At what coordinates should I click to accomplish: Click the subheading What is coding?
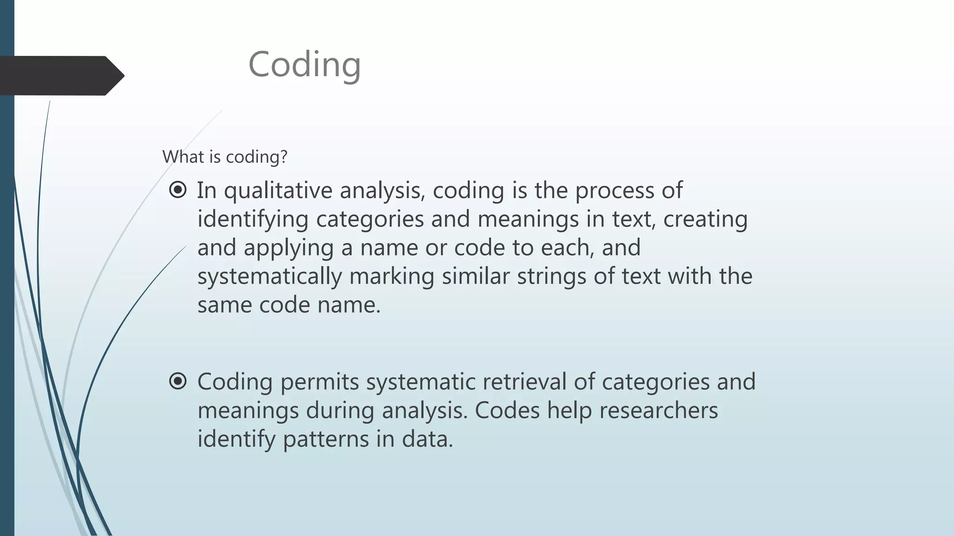pyautogui.click(x=225, y=157)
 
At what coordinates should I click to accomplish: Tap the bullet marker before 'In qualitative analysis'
pyautogui.click(x=178, y=190)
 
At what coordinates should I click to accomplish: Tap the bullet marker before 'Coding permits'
pyautogui.click(x=178, y=381)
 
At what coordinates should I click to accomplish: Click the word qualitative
pyautogui.click(x=278, y=191)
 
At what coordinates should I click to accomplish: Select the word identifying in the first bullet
pyautogui.click(x=253, y=220)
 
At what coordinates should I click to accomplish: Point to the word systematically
pyautogui.click(x=269, y=277)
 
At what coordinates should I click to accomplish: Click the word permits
pyautogui.click(x=320, y=382)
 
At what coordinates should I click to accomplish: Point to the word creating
pyautogui.click(x=705, y=220)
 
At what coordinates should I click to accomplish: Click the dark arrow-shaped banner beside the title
pyautogui.click(x=56, y=75)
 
